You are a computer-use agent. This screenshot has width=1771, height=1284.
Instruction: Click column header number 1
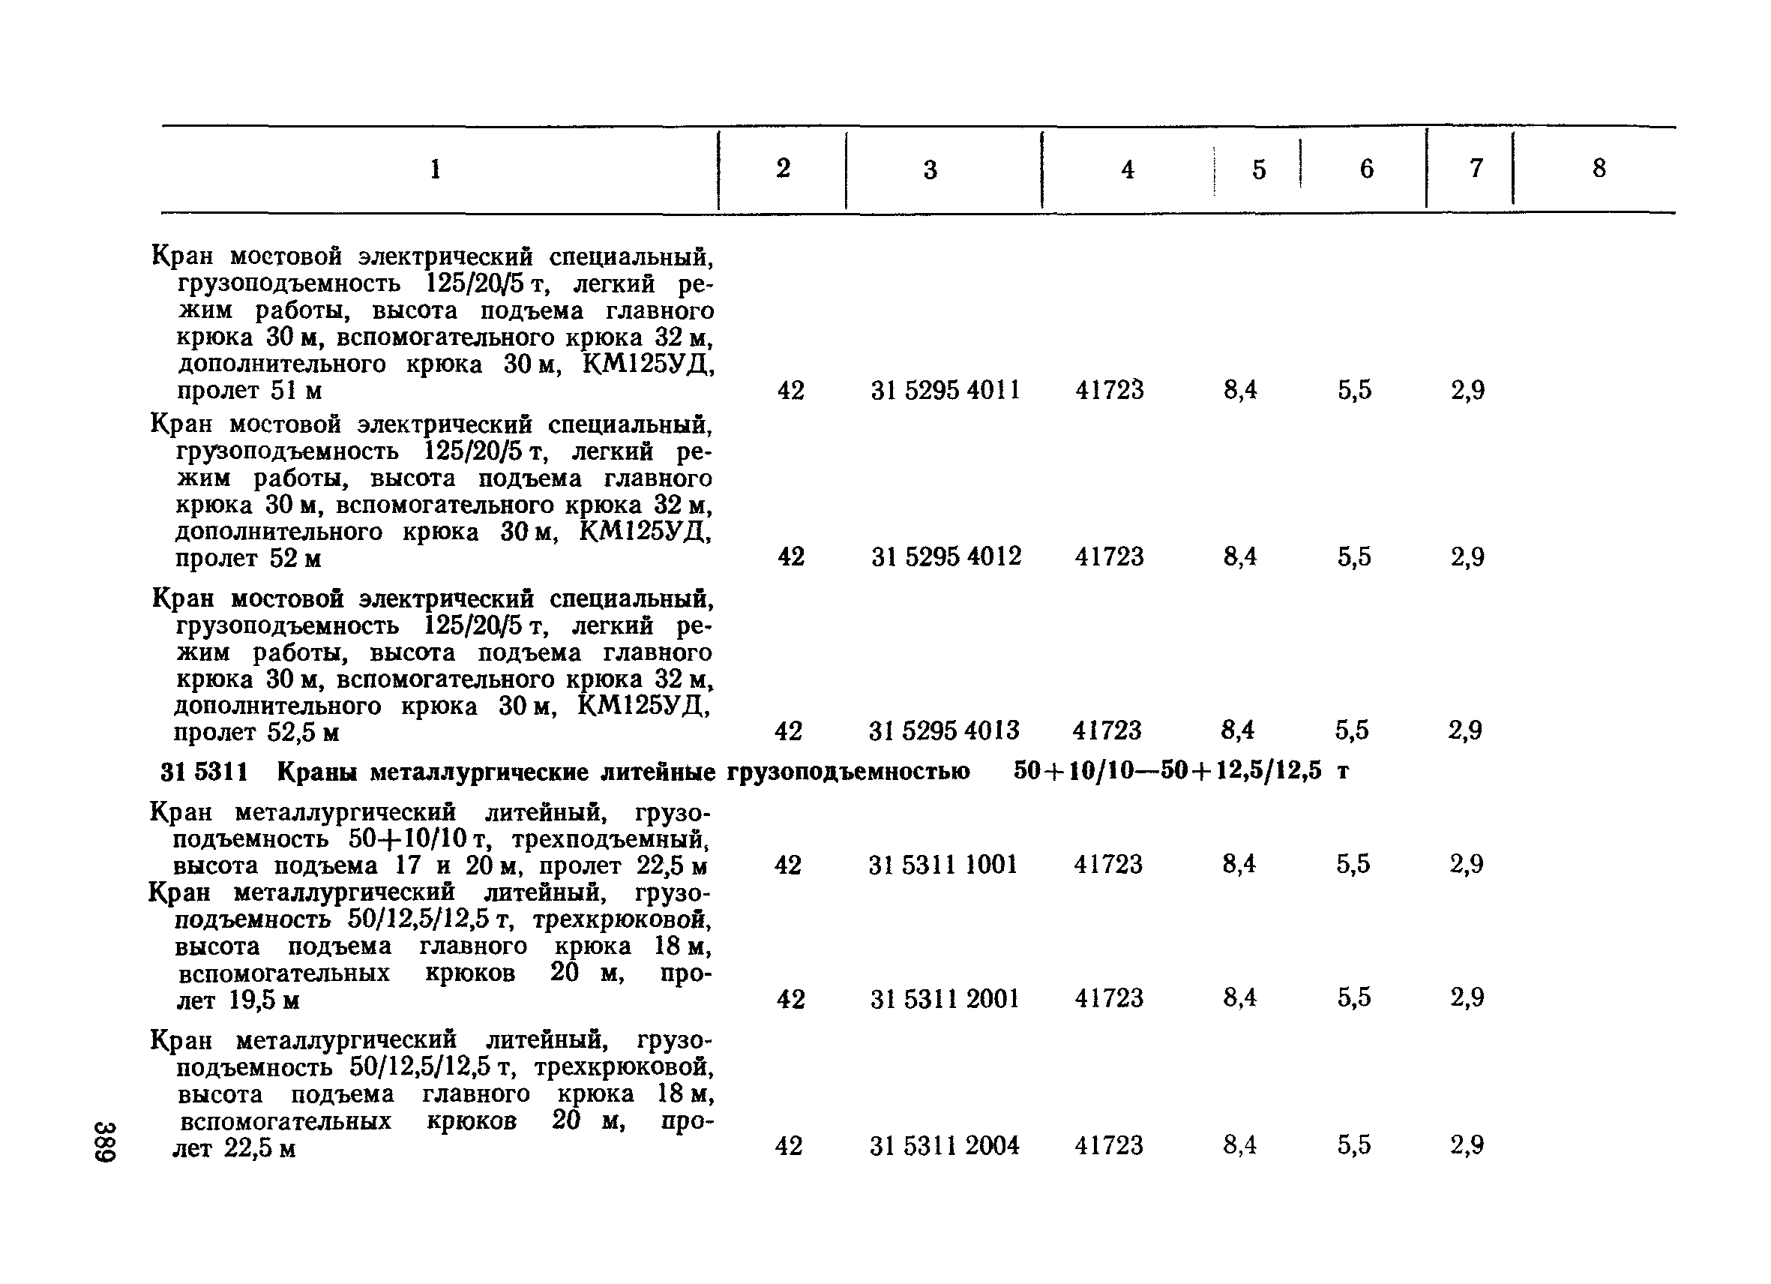pyautogui.click(x=436, y=169)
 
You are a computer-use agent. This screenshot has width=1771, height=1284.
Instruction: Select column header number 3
pyautogui.click(x=930, y=169)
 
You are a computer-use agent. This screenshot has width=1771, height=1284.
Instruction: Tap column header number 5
pyautogui.click(x=1259, y=169)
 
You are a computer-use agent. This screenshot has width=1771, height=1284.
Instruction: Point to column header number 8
pyautogui.click(x=1599, y=168)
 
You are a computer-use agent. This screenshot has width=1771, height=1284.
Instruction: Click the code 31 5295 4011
pyautogui.click(x=945, y=390)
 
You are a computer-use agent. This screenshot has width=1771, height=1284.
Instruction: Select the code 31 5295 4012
pyautogui.click(x=946, y=556)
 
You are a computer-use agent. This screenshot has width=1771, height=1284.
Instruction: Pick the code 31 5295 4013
pyautogui.click(x=944, y=731)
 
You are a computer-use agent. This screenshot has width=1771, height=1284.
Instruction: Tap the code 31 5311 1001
pyautogui.click(x=943, y=865)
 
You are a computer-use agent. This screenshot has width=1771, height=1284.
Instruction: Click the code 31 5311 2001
pyautogui.click(x=945, y=998)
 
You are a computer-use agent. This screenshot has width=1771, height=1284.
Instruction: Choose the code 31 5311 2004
pyautogui.click(x=945, y=1146)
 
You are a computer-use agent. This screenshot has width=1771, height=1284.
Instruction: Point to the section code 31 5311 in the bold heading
pyautogui.click(x=205, y=772)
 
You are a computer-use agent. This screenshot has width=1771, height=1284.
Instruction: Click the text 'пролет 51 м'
pyautogui.click(x=249, y=391)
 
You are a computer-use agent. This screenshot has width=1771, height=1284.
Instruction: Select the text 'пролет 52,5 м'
pyautogui.click(x=256, y=733)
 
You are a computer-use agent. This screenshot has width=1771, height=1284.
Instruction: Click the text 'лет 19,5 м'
pyautogui.click(x=238, y=1000)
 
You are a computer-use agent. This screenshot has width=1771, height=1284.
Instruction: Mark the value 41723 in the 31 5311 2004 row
pyautogui.click(x=1109, y=1146)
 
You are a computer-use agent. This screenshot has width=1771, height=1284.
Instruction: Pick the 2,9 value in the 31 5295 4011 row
pyautogui.click(x=1468, y=390)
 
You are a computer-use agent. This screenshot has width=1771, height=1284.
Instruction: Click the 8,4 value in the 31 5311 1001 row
pyautogui.click(x=1239, y=865)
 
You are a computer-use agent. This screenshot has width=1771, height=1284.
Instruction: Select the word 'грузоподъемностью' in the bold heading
pyautogui.click(x=849, y=772)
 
